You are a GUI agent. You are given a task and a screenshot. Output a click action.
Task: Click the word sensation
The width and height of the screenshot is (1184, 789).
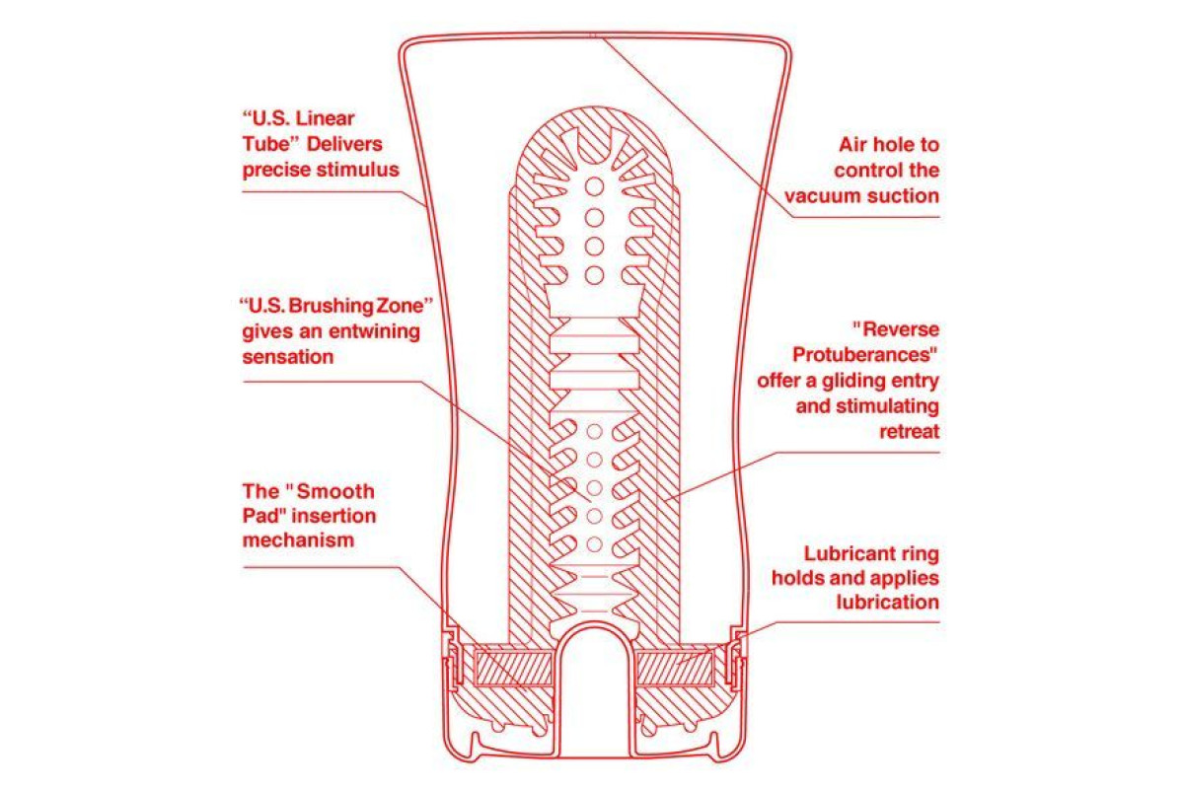[x=288, y=357]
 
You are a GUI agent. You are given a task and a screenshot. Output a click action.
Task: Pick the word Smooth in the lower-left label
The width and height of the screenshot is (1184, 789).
[x=335, y=491]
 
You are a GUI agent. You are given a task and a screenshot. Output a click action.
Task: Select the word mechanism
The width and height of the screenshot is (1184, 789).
[x=299, y=540]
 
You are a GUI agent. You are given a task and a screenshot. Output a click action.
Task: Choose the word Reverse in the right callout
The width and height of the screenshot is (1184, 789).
[x=901, y=329]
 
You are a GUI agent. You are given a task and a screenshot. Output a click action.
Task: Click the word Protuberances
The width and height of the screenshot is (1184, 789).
[x=861, y=355]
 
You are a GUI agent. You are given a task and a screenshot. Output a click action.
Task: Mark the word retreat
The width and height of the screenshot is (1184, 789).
[x=909, y=432]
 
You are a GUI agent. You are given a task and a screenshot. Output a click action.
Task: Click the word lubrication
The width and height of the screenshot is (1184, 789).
[x=887, y=602]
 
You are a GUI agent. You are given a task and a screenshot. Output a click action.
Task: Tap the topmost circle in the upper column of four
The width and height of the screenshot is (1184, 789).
[x=595, y=186]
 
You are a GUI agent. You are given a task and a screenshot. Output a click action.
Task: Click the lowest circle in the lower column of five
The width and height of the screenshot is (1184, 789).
[x=595, y=544]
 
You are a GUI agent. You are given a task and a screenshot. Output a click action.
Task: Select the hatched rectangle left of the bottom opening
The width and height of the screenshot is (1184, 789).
[x=514, y=669]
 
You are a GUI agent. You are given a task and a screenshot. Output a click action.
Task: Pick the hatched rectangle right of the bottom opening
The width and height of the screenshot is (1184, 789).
[x=675, y=669]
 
